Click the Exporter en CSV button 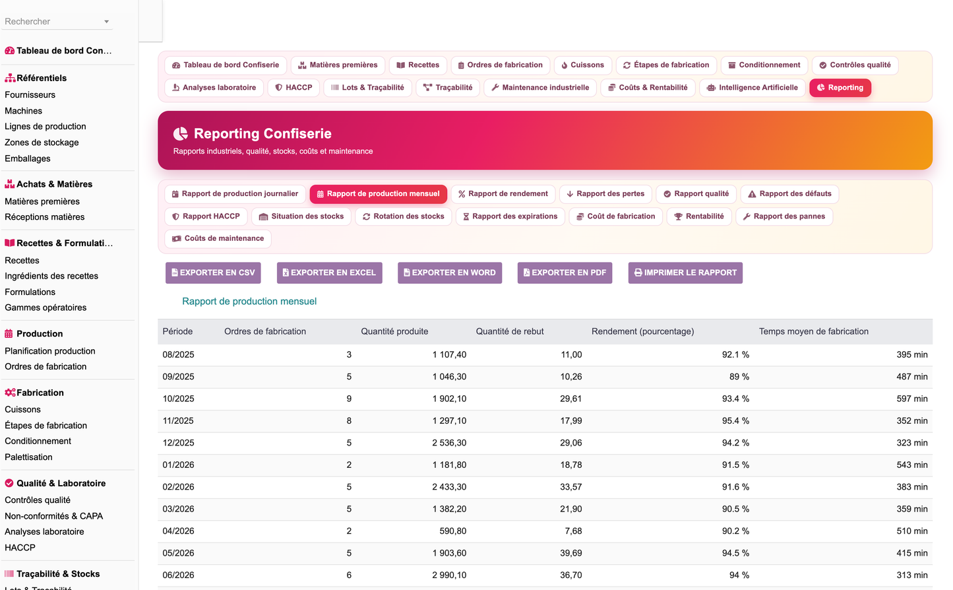(x=213, y=273)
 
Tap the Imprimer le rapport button (x=685, y=273)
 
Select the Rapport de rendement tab (x=503, y=193)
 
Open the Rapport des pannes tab (x=784, y=216)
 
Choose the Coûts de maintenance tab (x=218, y=238)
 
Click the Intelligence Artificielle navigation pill (x=753, y=88)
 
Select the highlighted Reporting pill (x=840, y=88)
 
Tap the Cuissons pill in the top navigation (x=582, y=65)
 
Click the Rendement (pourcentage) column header (x=642, y=331)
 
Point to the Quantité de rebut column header (x=510, y=331)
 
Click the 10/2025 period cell (x=178, y=399)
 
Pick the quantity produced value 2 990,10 (x=449, y=575)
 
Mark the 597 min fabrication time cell (x=911, y=399)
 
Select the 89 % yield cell (x=739, y=377)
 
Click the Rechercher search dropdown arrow (x=106, y=22)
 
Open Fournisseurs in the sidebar (x=30, y=95)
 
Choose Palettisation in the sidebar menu (x=28, y=457)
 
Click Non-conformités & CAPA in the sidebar (x=53, y=516)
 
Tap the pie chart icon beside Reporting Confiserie (x=181, y=134)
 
